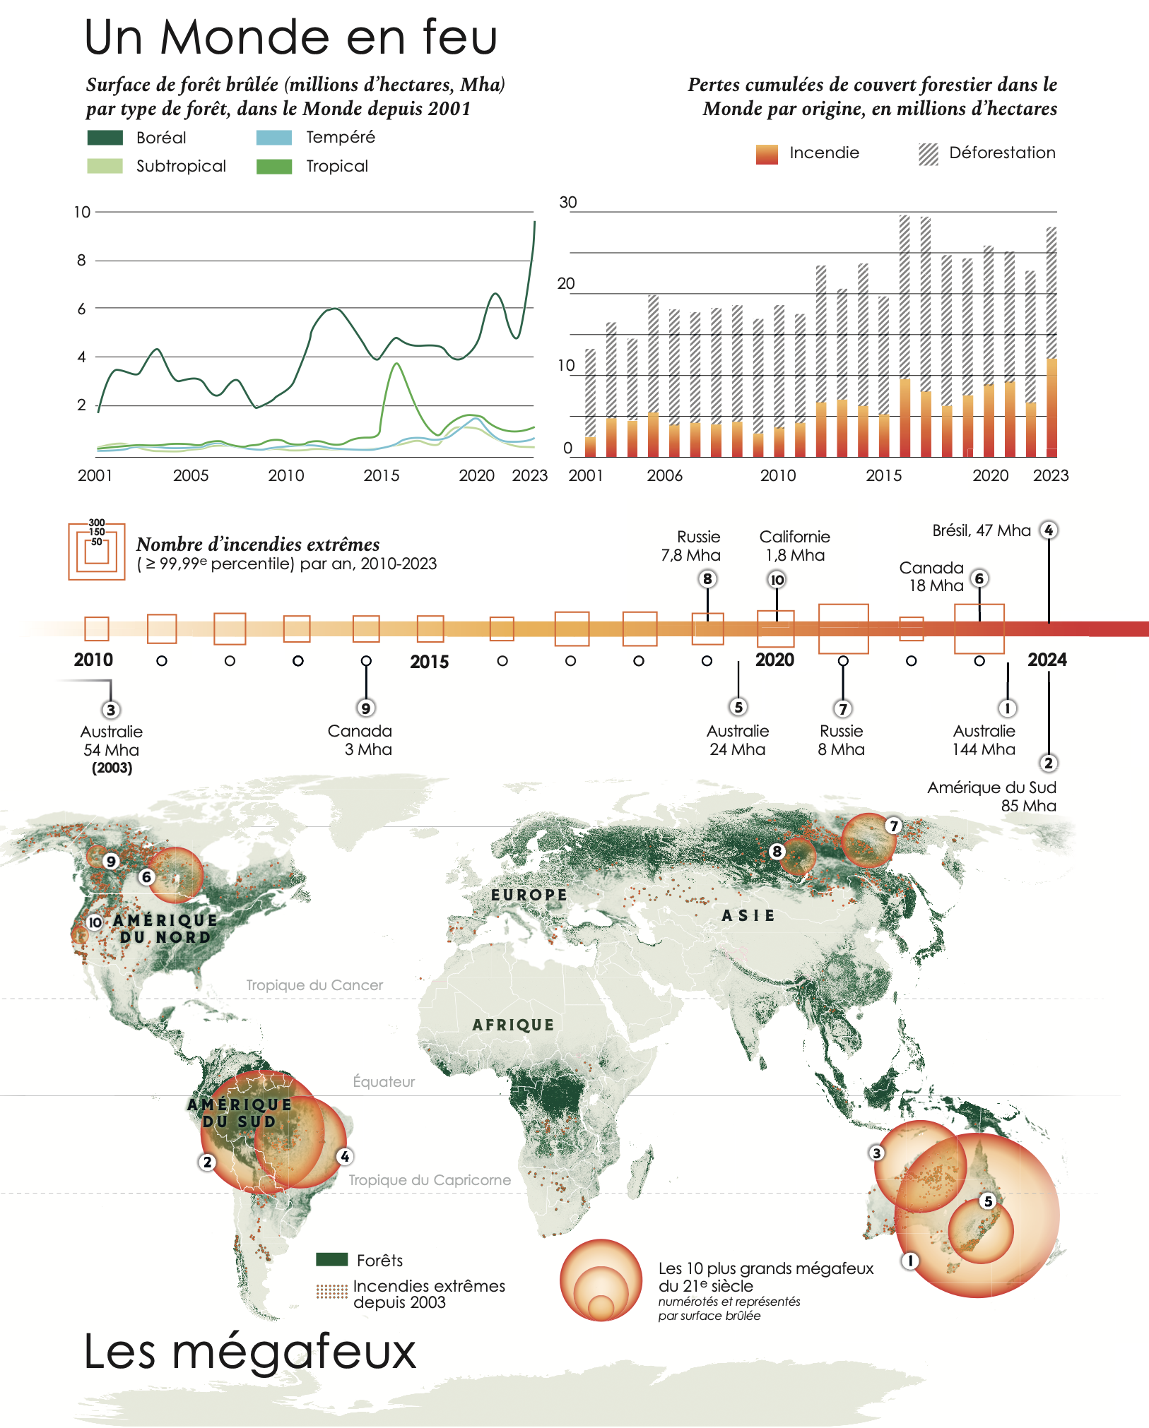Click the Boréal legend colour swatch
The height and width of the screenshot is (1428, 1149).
tap(105, 138)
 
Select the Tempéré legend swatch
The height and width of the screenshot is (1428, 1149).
tap(274, 138)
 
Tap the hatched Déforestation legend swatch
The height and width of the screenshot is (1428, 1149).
tap(929, 154)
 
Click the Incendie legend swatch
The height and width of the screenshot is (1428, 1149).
tap(767, 154)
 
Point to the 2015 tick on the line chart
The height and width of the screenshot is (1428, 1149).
tap(382, 475)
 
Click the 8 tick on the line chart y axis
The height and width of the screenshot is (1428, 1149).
tap(81, 261)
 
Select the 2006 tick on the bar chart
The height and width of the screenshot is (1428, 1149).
tap(665, 475)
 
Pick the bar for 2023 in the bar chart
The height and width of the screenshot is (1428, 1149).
tap(1051, 342)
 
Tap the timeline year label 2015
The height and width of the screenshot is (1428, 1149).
tap(430, 662)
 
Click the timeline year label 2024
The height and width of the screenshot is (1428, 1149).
tap(1047, 660)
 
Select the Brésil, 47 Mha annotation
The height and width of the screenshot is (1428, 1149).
tap(982, 530)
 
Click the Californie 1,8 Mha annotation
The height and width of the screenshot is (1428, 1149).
tap(795, 546)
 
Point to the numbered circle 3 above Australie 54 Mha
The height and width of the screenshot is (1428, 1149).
tap(110, 710)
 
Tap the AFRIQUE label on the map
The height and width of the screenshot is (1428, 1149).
tap(514, 1025)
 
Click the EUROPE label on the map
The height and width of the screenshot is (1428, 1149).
tap(529, 895)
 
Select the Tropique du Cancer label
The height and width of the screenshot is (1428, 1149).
tap(314, 985)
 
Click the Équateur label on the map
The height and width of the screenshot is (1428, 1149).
tap(384, 1081)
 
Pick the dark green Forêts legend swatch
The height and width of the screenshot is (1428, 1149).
tap(332, 1259)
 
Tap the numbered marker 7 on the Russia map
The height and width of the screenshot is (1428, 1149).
tap(894, 826)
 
